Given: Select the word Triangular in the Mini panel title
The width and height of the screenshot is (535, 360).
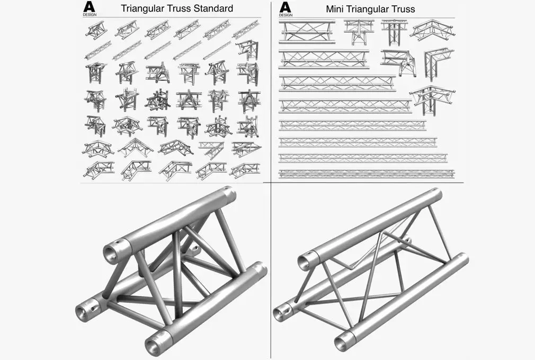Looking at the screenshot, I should tap(373, 9).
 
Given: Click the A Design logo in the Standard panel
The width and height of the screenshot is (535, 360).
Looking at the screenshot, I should tap(89, 8).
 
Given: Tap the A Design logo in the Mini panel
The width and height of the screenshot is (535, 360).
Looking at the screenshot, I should tap(286, 8).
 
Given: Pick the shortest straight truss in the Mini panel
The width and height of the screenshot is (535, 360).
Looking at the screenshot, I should tap(306, 31).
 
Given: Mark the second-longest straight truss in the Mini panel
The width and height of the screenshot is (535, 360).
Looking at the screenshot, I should tap(363, 157).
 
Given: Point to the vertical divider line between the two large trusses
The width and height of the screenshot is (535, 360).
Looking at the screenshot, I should tap(270, 265).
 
